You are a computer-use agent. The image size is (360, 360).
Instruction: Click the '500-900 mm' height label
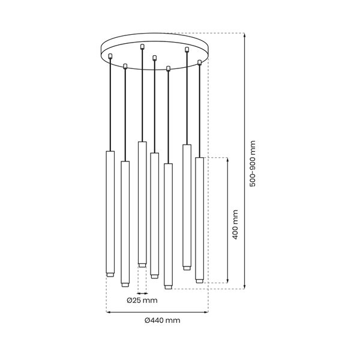[253, 163]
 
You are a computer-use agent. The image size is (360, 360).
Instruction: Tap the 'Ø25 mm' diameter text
[142, 300]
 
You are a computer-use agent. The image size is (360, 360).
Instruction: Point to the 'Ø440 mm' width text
[162, 320]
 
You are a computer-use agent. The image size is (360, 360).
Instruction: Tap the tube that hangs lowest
[168, 225]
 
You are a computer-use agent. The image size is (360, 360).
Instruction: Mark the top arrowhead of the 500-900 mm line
[245, 35]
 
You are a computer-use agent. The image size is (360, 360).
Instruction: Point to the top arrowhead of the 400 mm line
[227, 160]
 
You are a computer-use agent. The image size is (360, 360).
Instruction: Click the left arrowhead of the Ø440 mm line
[108, 312]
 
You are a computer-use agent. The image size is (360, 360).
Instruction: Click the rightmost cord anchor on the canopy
[200, 62]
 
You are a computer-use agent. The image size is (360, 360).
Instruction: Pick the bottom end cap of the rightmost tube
[199, 280]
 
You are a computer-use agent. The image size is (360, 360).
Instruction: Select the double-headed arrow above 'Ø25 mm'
[142, 293]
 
